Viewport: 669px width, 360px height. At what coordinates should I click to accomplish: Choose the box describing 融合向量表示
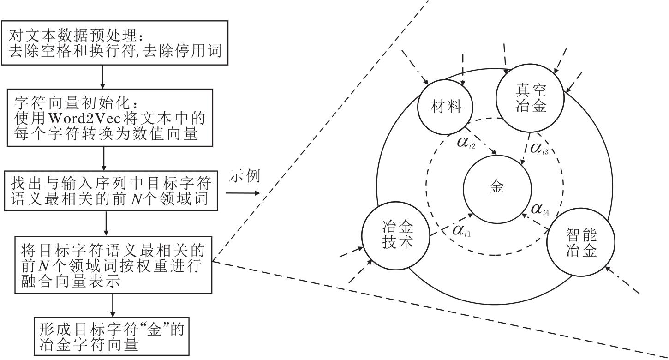(x=113, y=265)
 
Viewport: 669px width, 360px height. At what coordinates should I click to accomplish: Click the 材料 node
(x=446, y=108)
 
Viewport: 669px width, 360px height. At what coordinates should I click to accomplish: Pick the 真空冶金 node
(x=530, y=97)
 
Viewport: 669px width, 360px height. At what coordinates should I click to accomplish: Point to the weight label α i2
(x=466, y=143)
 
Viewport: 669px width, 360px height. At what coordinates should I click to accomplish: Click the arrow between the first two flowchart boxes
(x=102, y=77)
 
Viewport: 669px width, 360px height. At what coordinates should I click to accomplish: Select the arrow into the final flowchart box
(x=113, y=305)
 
